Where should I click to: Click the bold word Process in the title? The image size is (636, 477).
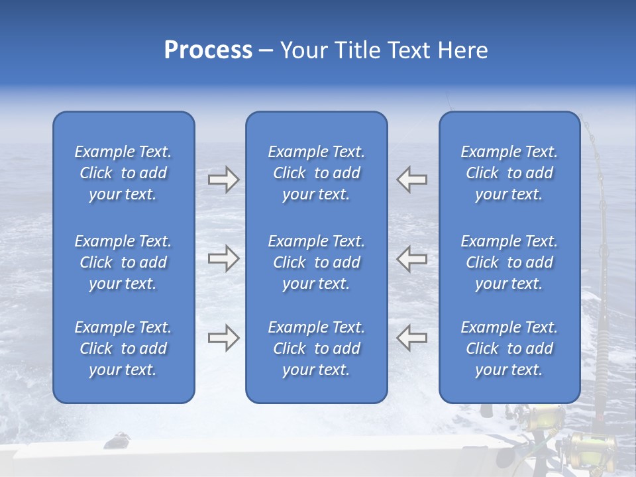tap(208, 50)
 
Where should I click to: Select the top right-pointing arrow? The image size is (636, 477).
tap(223, 180)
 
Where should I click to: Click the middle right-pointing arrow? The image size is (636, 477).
tap(223, 258)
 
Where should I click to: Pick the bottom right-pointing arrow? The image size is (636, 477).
tap(223, 338)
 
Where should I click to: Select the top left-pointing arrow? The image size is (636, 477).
tap(411, 180)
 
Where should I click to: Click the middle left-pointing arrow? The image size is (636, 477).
tap(411, 258)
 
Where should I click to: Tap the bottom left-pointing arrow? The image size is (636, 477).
tap(411, 338)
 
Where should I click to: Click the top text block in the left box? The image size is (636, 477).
tap(123, 173)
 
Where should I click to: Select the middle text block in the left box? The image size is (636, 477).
tap(123, 262)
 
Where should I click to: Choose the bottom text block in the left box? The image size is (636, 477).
tap(123, 348)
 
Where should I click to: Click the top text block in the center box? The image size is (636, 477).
tap(316, 173)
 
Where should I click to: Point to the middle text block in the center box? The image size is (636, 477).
tap(316, 262)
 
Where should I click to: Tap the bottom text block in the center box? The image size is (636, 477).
tap(316, 348)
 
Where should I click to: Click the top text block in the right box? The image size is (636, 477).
tap(509, 173)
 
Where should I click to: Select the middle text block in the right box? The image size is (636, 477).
tap(509, 262)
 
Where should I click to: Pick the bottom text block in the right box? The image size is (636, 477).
tap(509, 348)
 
